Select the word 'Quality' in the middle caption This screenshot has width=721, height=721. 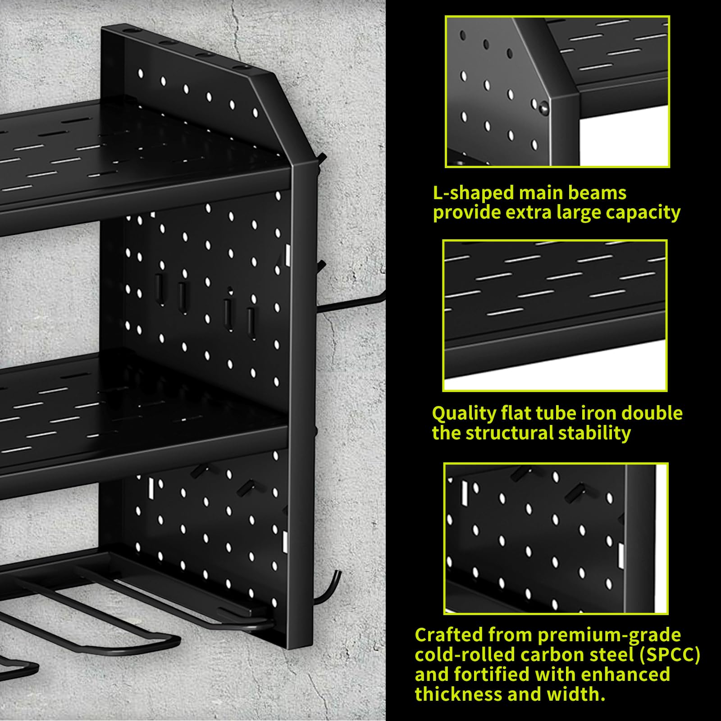click(x=463, y=413)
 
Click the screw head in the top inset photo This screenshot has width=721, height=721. click(x=543, y=107)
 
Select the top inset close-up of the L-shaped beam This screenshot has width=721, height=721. click(x=557, y=91)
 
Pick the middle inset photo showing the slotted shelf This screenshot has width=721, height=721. click(x=555, y=315)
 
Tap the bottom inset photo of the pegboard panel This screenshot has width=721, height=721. click(x=556, y=538)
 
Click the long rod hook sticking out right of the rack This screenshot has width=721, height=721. click(x=351, y=304)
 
